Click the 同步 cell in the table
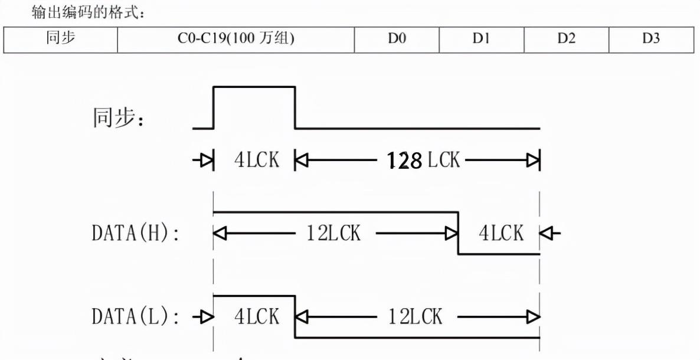point(61,40)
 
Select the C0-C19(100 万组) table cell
point(236,40)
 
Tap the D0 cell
point(397,40)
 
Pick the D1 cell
point(482,40)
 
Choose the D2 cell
point(567,40)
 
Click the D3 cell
point(651,40)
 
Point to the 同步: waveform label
point(121,118)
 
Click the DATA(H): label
point(135,234)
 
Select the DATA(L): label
point(135,317)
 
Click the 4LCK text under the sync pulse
point(257,160)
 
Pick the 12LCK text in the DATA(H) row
point(333,234)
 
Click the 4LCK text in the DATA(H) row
point(501,234)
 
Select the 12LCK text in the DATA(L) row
point(415,317)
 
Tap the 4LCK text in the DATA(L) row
point(257,317)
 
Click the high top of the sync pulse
point(254,87)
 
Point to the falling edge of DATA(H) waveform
point(458,233)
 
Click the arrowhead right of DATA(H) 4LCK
point(550,234)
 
